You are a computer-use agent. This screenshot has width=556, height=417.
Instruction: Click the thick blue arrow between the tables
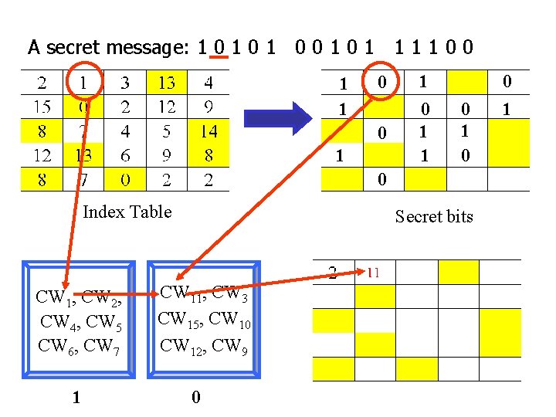pos(278,117)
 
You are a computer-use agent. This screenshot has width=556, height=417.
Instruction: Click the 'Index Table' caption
pos(127,212)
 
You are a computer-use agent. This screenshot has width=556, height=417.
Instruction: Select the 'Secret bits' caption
pos(433,216)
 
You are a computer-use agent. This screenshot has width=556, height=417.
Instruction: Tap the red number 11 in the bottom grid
pos(372,272)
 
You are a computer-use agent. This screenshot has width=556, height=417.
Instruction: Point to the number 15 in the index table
pos(42,107)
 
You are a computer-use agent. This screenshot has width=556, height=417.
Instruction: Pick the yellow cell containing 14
pos(208,131)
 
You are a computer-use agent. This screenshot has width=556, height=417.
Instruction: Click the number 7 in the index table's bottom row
pos(83,181)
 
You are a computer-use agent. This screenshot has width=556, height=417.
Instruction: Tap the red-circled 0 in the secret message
pos(220,48)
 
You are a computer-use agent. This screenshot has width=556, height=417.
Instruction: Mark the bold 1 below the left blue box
pos(75,398)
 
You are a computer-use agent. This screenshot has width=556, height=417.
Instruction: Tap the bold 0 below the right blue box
pos(195,398)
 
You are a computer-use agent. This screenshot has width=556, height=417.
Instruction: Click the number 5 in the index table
pos(167,131)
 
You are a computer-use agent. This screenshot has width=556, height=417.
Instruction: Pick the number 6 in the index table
pos(125,156)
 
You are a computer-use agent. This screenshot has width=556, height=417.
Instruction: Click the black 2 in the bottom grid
pos(332,272)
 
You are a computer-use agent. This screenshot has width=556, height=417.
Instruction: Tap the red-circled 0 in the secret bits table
pos(381,82)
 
